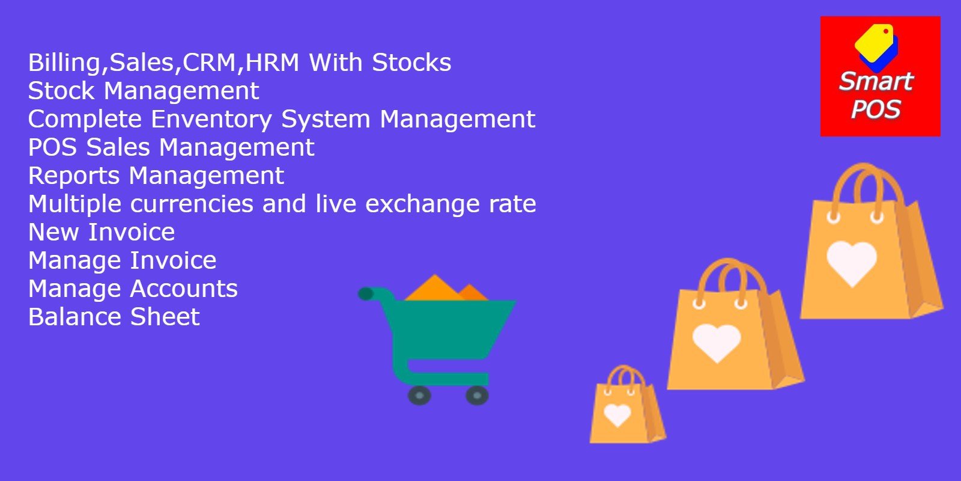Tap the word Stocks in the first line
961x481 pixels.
tap(411, 63)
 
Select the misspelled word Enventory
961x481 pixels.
tap(211, 120)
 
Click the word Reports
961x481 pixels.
tap(74, 176)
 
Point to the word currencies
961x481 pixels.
tap(192, 204)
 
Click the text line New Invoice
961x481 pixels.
tap(102, 232)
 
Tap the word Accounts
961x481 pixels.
tap(184, 289)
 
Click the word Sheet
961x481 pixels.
tap(165, 317)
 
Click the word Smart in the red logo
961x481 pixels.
tap(876, 81)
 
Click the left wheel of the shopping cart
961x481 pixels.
tap(419, 395)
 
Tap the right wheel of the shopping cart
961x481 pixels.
tap(477, 395)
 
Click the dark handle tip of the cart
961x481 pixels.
tap(366, 294)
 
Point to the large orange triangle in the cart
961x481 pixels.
tap(435, 289)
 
